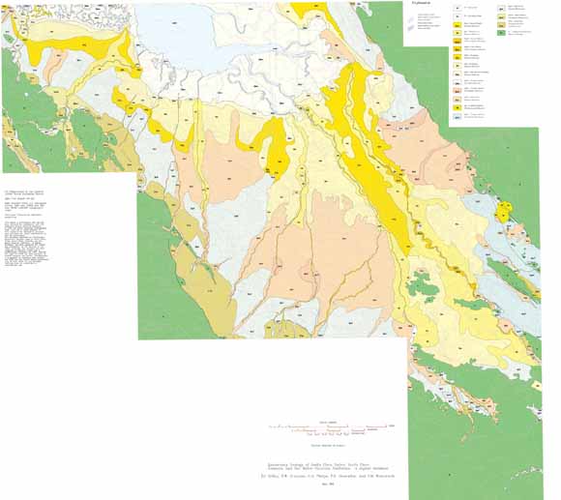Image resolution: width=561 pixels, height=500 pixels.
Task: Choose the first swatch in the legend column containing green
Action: click(x=502, y=10)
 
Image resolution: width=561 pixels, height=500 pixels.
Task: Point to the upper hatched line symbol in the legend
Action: click(x=413, y=16)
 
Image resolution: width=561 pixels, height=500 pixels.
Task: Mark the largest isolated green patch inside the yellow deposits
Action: click(x=422, y=285)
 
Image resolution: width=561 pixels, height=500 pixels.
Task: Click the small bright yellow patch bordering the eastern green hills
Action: click(x=503, y=212)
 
